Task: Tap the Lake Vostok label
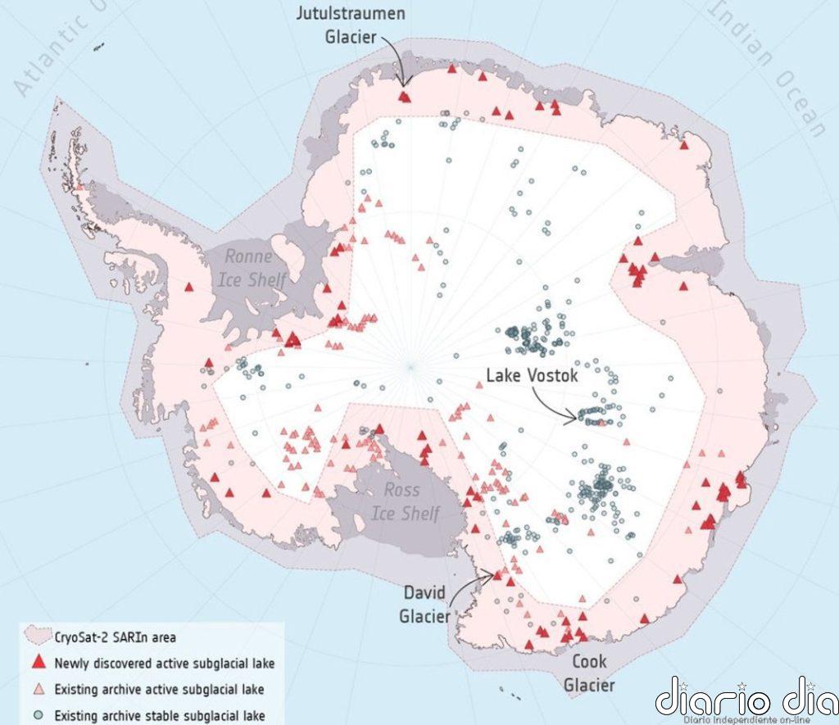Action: [x=533, y=376]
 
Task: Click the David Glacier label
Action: [x=425, y=603]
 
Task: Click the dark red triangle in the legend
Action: [x=39, y=662]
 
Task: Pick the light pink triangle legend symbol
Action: [x=39, y=689]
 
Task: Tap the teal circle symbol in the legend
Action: [x=39, y=715]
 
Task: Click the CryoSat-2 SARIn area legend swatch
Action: [x=38, y=635]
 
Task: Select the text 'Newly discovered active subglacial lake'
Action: [x=164, y=663]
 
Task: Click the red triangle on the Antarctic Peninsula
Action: [x=189, y=287]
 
